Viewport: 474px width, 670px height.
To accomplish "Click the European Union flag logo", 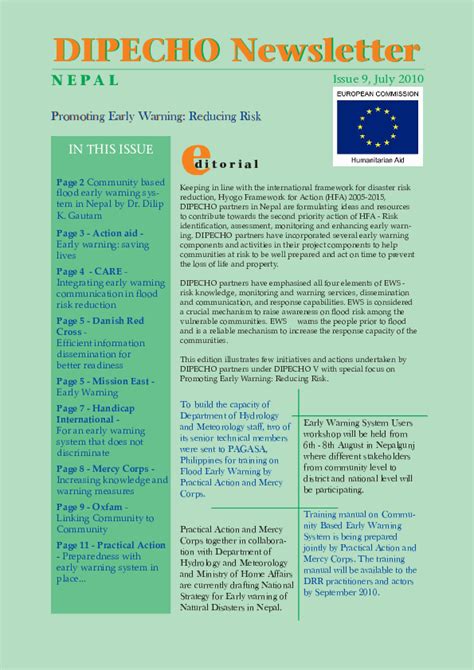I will click(x=378, y=128).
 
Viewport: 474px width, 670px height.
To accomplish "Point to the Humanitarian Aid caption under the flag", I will click(x=378, y=160).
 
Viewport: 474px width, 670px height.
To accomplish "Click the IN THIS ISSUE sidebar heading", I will click(x=111, y=150).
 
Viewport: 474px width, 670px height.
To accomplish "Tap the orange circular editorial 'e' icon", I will click(x=195, y=160).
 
